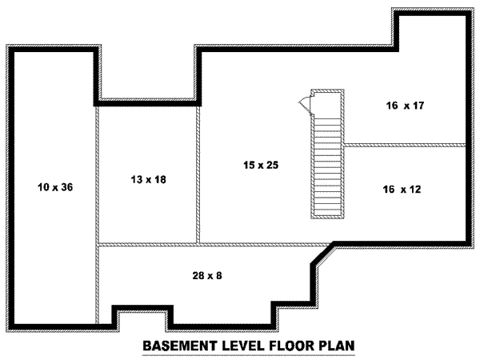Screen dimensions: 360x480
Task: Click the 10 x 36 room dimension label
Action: point(54,188)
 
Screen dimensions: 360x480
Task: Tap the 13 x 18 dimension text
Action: point(148,179)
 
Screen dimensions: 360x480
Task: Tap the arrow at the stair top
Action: point(303,102)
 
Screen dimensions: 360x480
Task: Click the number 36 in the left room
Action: point(66,188)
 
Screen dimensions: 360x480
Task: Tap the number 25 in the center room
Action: point(271,165)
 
